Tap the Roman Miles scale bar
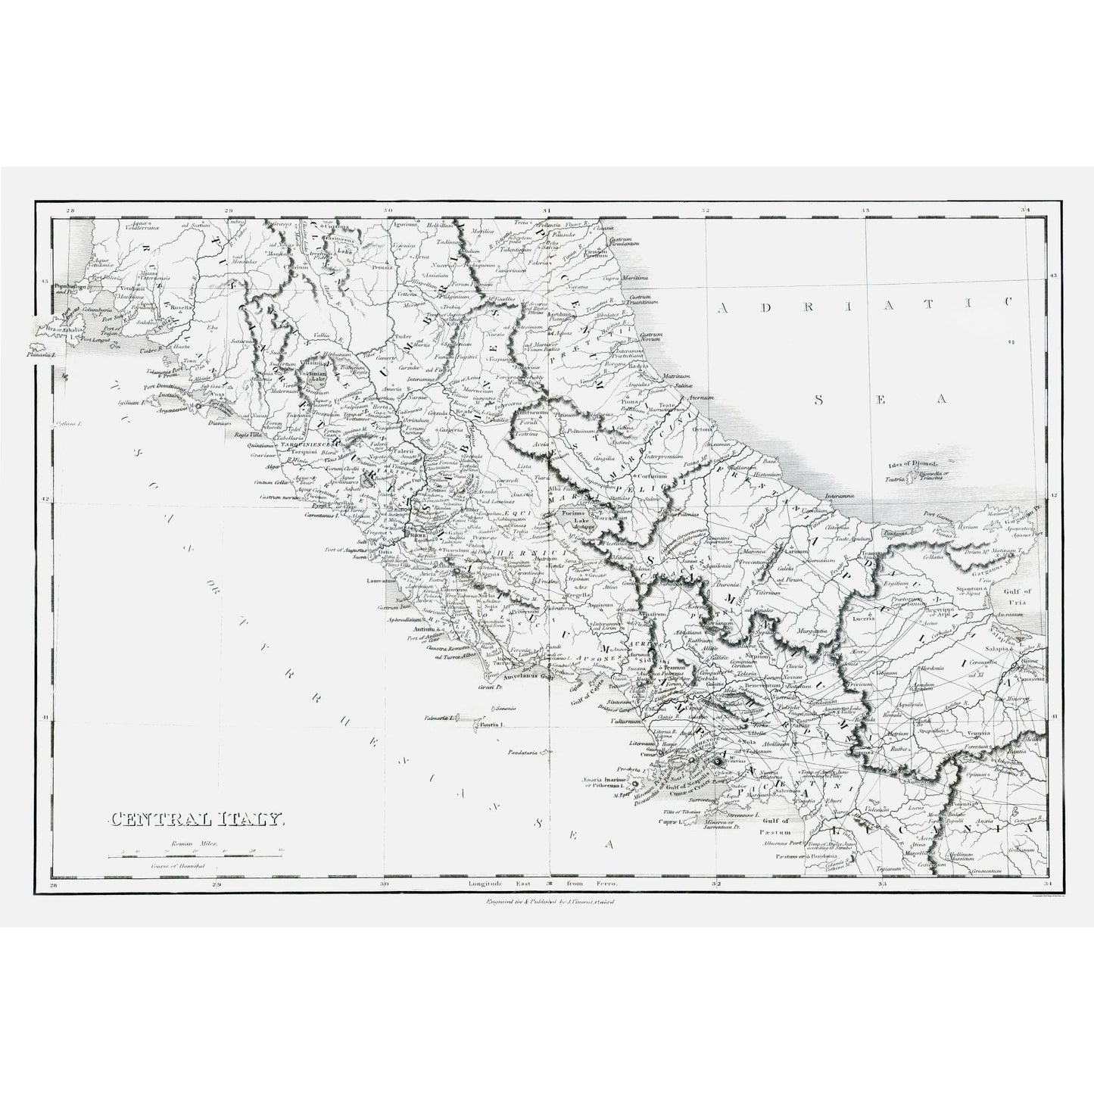[x=195, y=855]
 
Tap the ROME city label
[x=418, y=535]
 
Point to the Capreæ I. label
[x=671, y=821]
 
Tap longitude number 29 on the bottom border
[x=217, y=884]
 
